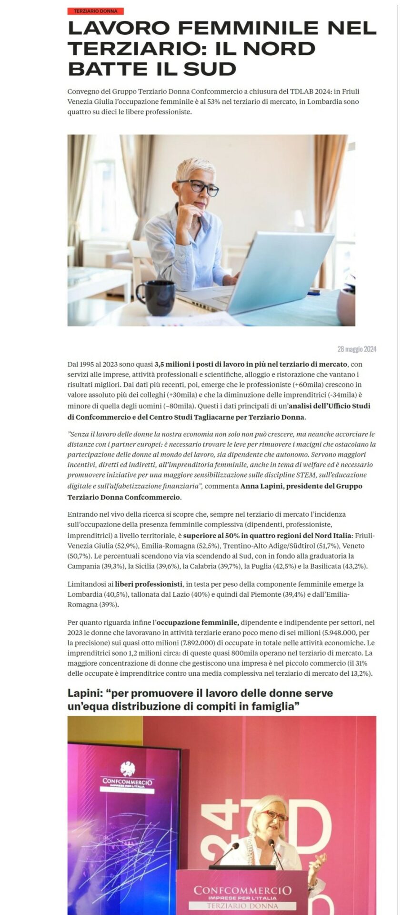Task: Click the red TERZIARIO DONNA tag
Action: (x=95, y=11)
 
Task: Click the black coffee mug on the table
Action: (x=156, y=297)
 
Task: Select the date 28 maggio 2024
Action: (x=356, y=349)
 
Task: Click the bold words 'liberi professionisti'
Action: (x=149, y=584)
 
